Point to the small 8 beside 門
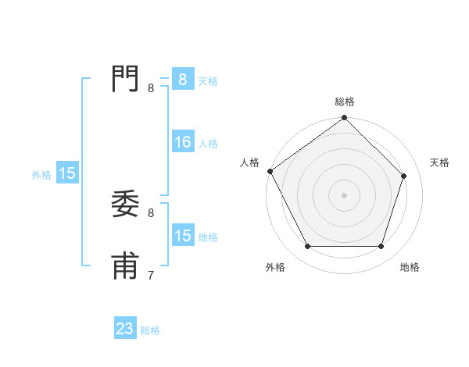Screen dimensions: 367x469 [151, 88]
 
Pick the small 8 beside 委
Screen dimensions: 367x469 [151, 212]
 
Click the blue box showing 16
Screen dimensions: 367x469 [183, 142]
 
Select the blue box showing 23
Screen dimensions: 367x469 [125, 330]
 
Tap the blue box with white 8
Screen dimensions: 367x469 [183, 80]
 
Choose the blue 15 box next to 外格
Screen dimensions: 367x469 [67, 174]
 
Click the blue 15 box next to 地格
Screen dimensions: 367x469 [183, 236]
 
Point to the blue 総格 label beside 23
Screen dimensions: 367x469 [150, 330]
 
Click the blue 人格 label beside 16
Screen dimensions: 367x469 [208, 144]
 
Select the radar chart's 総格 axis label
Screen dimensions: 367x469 [345, 102]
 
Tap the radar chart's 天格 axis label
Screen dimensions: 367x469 [439, 162]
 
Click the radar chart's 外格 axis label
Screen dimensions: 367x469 [275, 267]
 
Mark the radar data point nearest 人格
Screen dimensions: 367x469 [270, 171]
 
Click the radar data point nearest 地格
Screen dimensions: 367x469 [381, 247]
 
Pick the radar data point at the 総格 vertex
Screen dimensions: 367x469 [345, 119]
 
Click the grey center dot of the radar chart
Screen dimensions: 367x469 [345, 195]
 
